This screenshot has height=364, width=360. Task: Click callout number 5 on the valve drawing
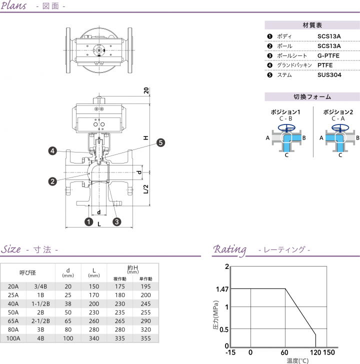pyautogui.click(x=160, y=142)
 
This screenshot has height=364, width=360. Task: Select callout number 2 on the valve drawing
pyautogui.click(x=52, y=181)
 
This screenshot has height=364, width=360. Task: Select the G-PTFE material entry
pyautogui.click(x=328, y=55)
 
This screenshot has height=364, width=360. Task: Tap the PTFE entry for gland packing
pyautogui.click(x=325, y=65)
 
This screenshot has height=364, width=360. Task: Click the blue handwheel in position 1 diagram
pyautogui.click(x=286, y=127)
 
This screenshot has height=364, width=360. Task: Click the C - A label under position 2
pyautogui.click(x=338, y=118)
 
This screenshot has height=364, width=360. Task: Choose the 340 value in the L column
pyautogui.click(x=93, y=338)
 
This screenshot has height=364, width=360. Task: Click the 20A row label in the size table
pyautogui.click(x=13, y=286)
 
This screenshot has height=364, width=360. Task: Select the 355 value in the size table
pyautogui.click(x=145, y=338)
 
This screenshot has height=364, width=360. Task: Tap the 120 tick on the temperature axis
pyautogui.click(x=314, y=353)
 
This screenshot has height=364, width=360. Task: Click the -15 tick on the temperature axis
pyautogui.click(x=231, y=353)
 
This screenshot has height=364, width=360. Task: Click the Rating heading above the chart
pyautogui.click(x=229, y=249)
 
